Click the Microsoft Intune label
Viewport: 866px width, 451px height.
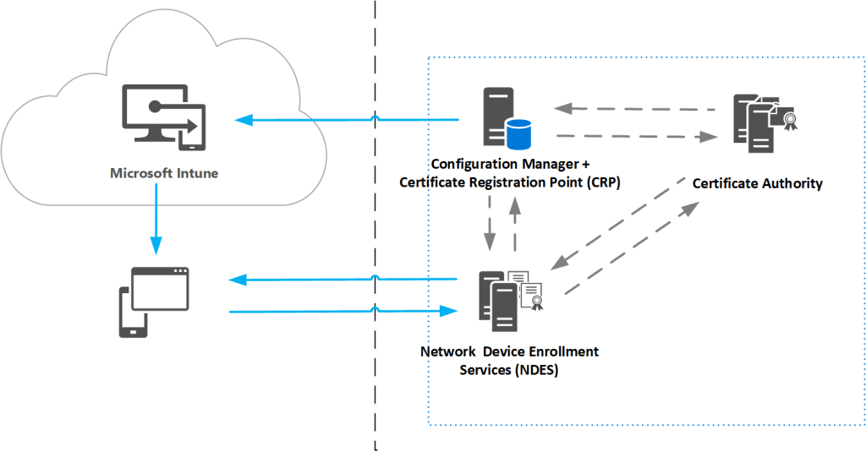(x=164, y=173)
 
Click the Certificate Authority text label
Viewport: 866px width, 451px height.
(x=757, y=183)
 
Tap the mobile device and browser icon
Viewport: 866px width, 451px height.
(x=153, y=301)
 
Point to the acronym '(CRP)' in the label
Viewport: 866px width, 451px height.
(x=603, y=182)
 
